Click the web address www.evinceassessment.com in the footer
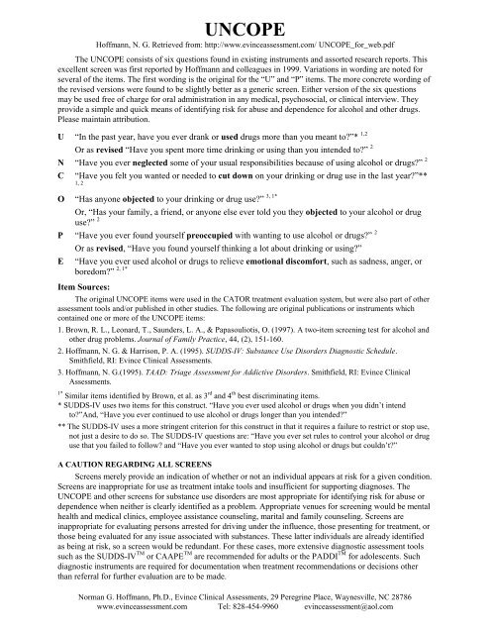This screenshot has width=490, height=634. click(135, 622)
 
